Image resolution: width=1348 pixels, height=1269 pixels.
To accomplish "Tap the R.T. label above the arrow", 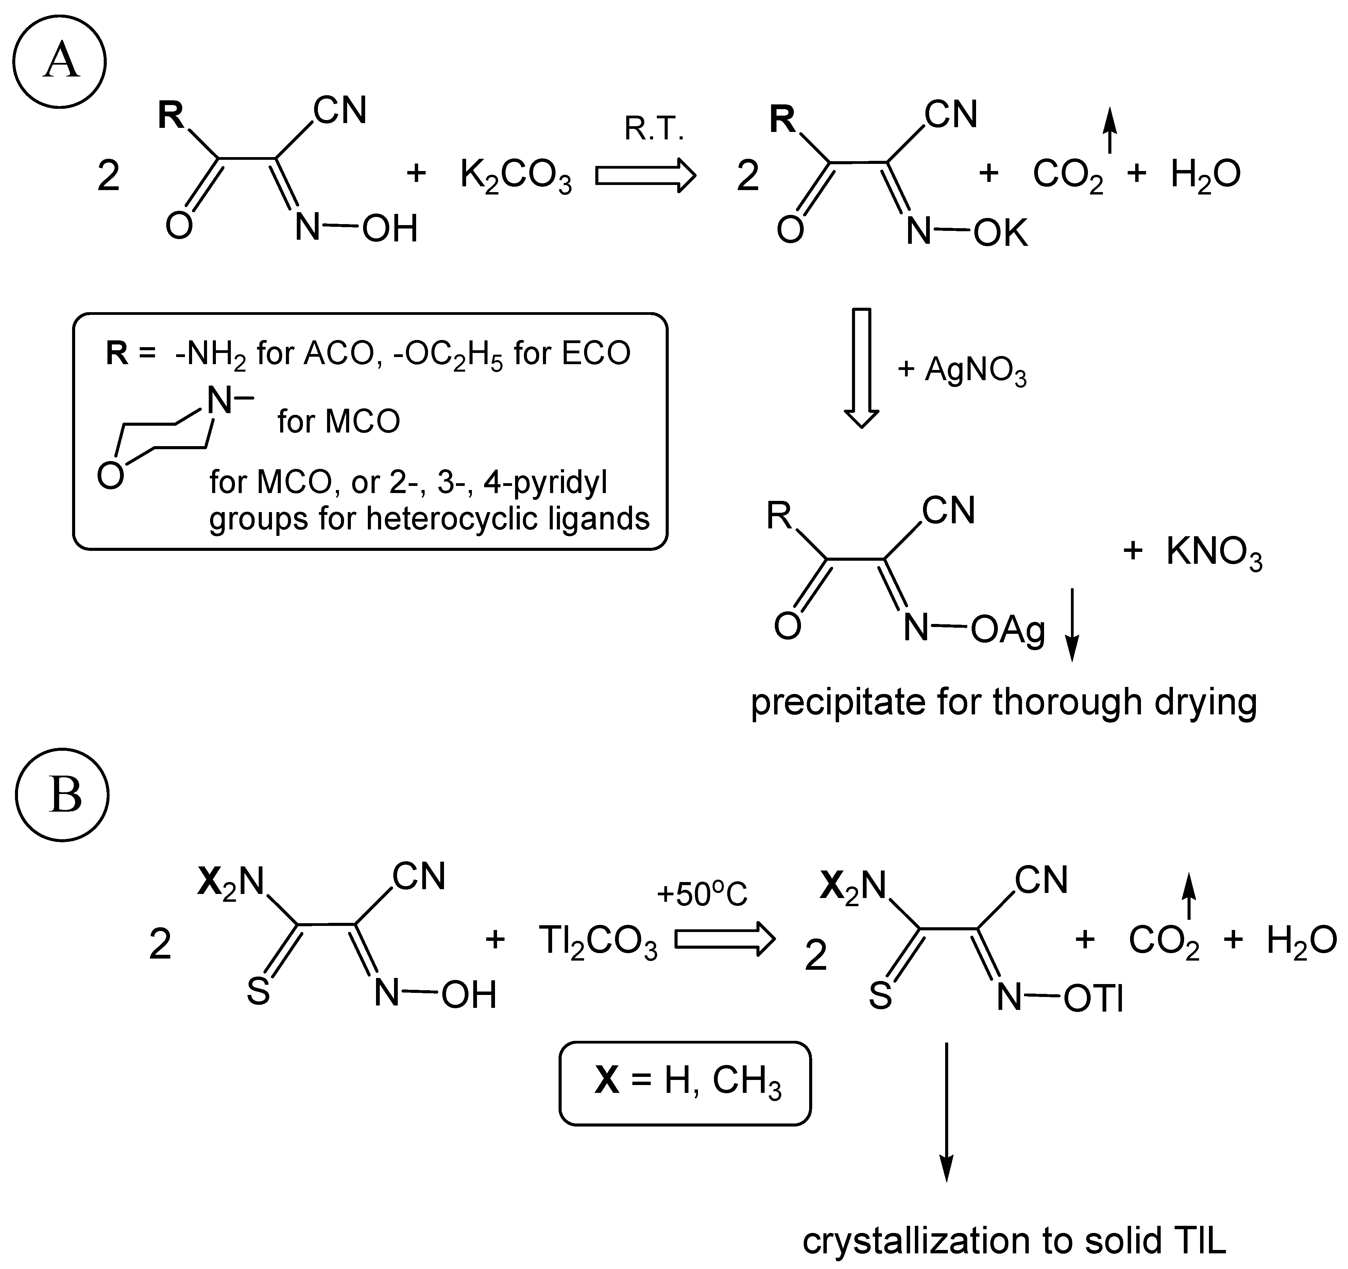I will [654, 129].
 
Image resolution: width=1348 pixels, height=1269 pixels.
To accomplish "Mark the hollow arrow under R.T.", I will [646, 176].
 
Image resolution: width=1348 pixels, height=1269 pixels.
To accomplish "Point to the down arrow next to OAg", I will [1071, 624].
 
